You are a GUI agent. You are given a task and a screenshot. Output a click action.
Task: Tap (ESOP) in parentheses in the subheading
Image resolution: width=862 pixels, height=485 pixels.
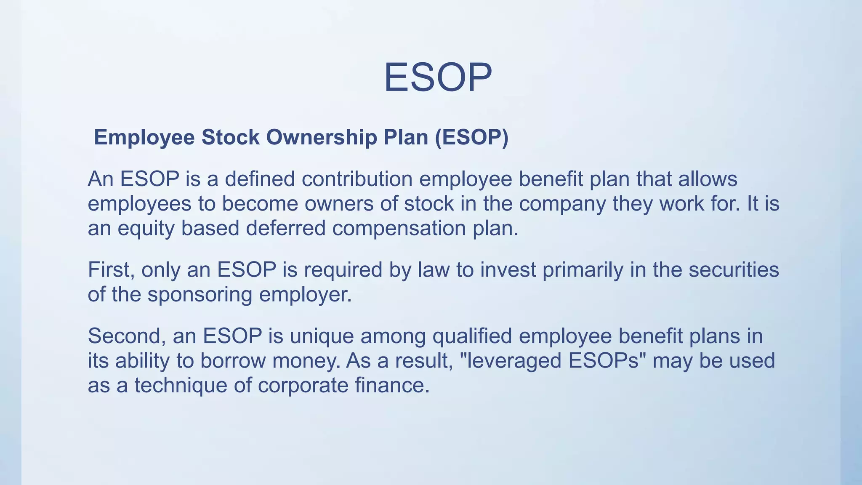pyautogui.click(x=471, y=138)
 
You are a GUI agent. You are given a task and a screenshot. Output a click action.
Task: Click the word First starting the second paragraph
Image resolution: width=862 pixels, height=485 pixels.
pyautogui.click(x=111, y=270)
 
